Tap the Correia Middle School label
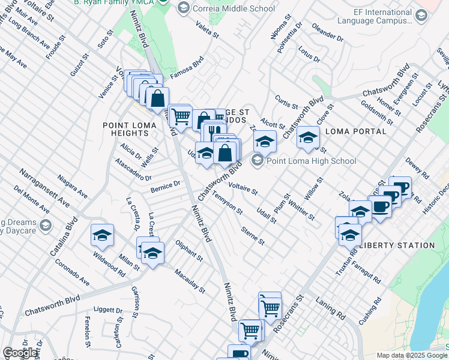click(234, 8)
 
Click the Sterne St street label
click(252, 235)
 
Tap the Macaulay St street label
click(190, 281)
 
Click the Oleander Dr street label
click(327, 33)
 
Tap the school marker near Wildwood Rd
click(102, 235)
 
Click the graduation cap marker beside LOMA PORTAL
click(308, 138)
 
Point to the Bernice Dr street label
click(165, 187)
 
